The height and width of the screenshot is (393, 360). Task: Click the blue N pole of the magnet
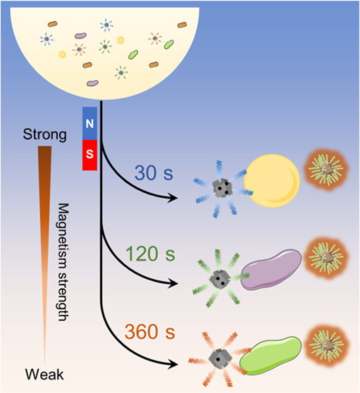click(89, 123)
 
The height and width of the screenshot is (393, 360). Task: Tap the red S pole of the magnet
click(89, 155)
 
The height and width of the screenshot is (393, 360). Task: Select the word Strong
click(45, 135)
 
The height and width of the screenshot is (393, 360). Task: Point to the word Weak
click(44, 375)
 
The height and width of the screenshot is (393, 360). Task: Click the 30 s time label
click(154, 173)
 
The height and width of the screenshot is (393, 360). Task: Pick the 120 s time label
click(150, 254)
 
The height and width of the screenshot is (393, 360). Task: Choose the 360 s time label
click(150, 332)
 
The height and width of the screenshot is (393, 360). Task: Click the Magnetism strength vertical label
click(63, 262)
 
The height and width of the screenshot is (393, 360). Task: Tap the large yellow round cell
click(272, 181)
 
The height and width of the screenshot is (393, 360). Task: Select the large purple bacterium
click(271, 270)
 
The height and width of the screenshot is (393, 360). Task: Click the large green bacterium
click(271, 356)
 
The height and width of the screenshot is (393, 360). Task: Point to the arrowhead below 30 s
click(173, 198)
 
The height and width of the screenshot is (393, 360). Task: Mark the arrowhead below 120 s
click(173, 283)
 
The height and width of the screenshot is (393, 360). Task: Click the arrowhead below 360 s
click(173, 363)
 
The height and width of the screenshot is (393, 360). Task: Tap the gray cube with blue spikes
click(222, 188)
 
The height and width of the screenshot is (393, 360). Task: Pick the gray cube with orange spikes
click(218, 358)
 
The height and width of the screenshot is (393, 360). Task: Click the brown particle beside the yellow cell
click(326, 170)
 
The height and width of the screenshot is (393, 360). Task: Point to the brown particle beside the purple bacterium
click(326, 258)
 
